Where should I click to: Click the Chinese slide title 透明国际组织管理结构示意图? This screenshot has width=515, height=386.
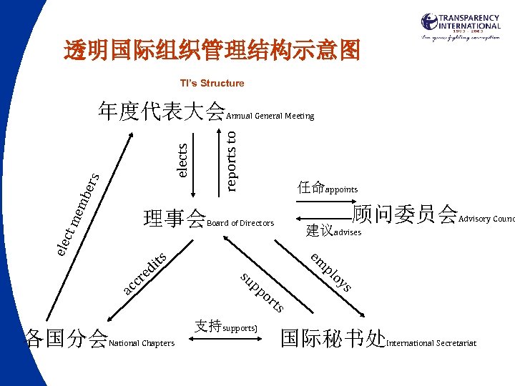click(212, 51)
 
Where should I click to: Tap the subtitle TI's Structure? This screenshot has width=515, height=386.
click(212, 84)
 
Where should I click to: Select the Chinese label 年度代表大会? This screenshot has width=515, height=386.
click(162, 112)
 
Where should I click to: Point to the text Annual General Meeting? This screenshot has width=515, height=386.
click(270, 116)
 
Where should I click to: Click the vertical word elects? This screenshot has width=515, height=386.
click(183, 159)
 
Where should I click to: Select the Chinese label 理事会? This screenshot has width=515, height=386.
click(175, 218)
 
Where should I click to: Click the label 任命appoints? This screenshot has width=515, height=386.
click(328, 189)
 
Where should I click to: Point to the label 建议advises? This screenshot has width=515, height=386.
click(334, 231)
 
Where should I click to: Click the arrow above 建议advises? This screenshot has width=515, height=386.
click(321, 219)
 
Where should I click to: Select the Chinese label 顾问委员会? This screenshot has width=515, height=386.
click(406, 213)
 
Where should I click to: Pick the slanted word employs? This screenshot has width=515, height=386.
click(331, 272)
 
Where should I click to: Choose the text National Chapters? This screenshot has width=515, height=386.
click(142, 344)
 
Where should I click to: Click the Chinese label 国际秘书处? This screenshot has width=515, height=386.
click(333, 338)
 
